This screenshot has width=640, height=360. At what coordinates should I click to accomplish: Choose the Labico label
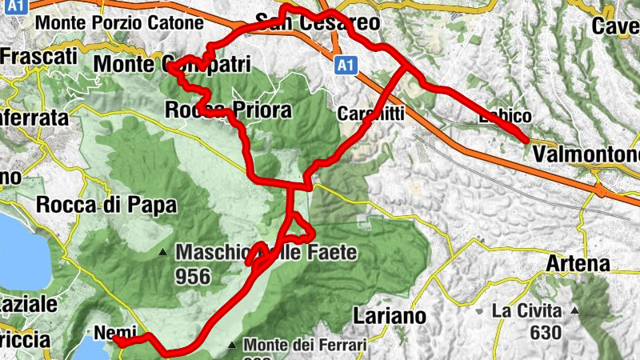pyautogui.click(x=504, y=117)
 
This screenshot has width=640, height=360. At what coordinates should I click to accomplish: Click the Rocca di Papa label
pyautogui.click(x=106, y=205)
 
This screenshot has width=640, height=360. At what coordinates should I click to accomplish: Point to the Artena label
pyautogui.click(x=578, y=263)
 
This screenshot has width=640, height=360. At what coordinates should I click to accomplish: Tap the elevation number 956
pyautogui.click(x=193, y=277)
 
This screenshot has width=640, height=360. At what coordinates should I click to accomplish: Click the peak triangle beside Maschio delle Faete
pyautogui.click(x=163, y=253)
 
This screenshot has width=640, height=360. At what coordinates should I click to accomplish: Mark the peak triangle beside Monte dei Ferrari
pyautogui.click(x=232, y=346)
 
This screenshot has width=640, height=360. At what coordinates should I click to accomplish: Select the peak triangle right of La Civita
pyautogui.click(x=574, y=310)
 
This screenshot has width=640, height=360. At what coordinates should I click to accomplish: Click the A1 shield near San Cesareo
pyautogui.click(x=345, y=64)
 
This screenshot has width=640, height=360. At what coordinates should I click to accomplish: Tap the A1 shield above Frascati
pyautogui.click(x=18, y=6)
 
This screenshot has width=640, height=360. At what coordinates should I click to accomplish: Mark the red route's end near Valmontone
pyautogui.click(x=527, y=140)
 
